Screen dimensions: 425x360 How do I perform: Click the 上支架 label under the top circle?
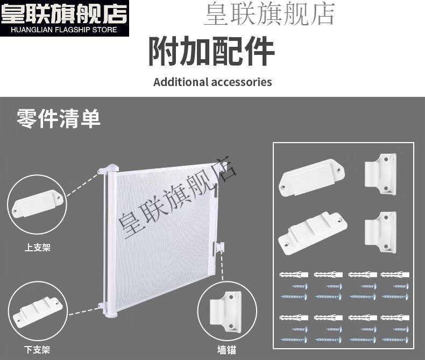(38, 248)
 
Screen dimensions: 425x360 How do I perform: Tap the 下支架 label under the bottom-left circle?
(37, 350)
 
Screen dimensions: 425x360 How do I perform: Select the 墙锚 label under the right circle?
(226, 350)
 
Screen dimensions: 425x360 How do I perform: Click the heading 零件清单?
(59, 118)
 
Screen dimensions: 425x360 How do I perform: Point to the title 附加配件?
(211, 52)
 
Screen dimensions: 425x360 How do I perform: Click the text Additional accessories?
(212, 82)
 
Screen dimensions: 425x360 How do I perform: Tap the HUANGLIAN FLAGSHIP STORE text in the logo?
(64, 30)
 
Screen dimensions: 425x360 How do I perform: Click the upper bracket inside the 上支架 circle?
(38, 203)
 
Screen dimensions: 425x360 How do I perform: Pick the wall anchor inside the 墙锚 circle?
(225, 312)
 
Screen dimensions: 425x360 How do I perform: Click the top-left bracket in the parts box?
(311, 178)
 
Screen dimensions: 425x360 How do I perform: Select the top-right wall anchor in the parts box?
(380, 174)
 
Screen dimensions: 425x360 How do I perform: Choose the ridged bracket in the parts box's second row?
(313, 232)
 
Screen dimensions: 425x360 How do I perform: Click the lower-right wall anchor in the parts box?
(380, 232)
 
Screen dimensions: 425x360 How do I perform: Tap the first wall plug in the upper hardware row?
(294, 274)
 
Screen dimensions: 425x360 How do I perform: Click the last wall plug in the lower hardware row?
(395, 317)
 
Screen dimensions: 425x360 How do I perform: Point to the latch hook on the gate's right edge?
(218, 248)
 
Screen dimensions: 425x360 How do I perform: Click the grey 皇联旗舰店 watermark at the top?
(270, 14)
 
